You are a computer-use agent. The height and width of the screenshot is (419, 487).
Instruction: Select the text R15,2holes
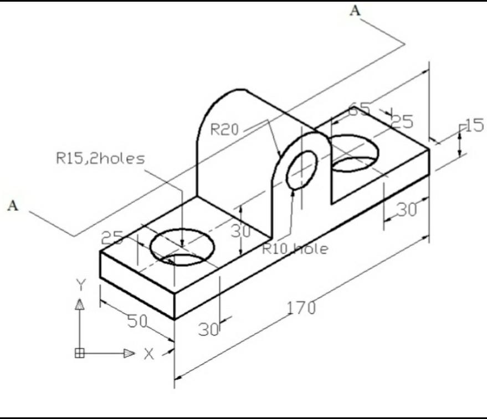point(100,159)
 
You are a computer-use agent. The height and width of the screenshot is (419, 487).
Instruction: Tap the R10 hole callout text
point(295,249)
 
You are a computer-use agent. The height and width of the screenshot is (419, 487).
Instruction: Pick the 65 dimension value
point(360,109)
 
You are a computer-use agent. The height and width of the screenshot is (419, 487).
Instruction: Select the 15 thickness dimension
point(474,126)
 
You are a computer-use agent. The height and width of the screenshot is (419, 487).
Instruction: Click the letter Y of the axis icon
point(81,285)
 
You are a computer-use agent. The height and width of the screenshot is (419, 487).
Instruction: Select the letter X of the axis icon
point(148,354)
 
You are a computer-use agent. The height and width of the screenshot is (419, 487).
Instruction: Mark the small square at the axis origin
point(80,353)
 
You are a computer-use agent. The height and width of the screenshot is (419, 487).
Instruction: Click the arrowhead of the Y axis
point(81,304)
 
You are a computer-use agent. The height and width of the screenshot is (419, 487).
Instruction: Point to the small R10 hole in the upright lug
point(302,169)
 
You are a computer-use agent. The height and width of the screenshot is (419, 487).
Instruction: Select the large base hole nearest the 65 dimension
point(355,152)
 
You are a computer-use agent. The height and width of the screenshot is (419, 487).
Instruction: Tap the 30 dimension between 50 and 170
point(208,329)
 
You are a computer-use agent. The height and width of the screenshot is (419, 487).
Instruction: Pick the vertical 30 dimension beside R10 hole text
point(242,231)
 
